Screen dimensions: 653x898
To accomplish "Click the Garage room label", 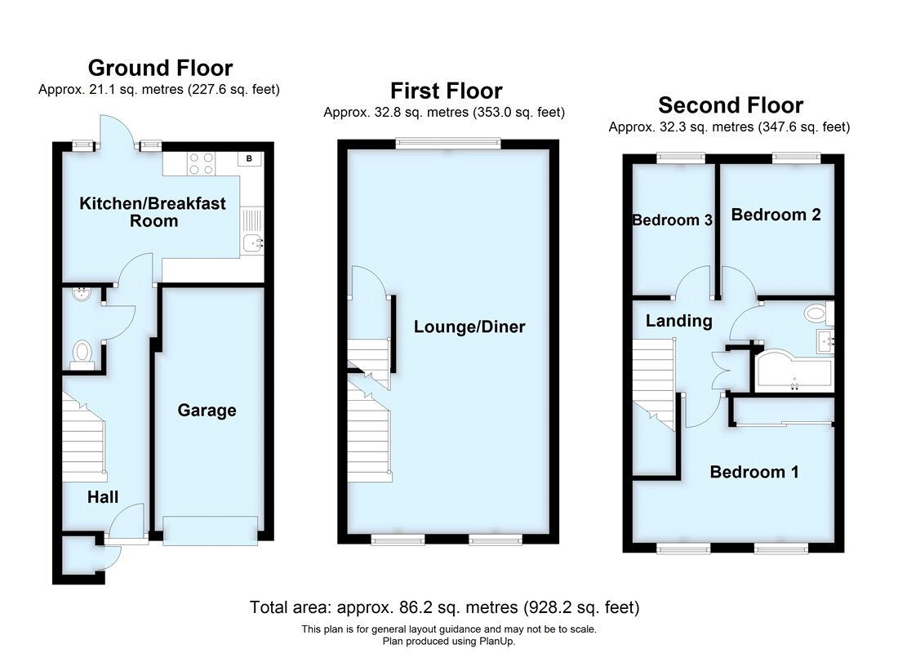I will coord(207,411).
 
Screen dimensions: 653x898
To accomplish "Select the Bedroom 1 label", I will coord(754,472).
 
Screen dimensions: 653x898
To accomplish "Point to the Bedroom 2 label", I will coord(776,215).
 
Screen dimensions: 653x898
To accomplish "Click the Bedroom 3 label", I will coord(673,220).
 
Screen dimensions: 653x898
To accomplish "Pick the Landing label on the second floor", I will coord(678,321).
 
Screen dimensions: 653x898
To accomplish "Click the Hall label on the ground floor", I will coord(104,497).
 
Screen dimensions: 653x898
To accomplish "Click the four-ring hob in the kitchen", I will coord(201,164).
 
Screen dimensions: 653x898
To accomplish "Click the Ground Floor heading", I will coord(160,68).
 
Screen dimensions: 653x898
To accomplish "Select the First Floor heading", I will coord(446,90).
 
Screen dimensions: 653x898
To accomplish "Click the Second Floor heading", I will coord(731,105).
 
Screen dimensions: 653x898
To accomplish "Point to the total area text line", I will coord(444,607).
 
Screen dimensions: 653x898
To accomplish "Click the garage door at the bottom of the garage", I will coord(211,531).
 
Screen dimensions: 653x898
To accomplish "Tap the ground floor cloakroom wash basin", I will coord(82,295).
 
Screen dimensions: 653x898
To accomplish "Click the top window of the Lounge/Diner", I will coord(447,144).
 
